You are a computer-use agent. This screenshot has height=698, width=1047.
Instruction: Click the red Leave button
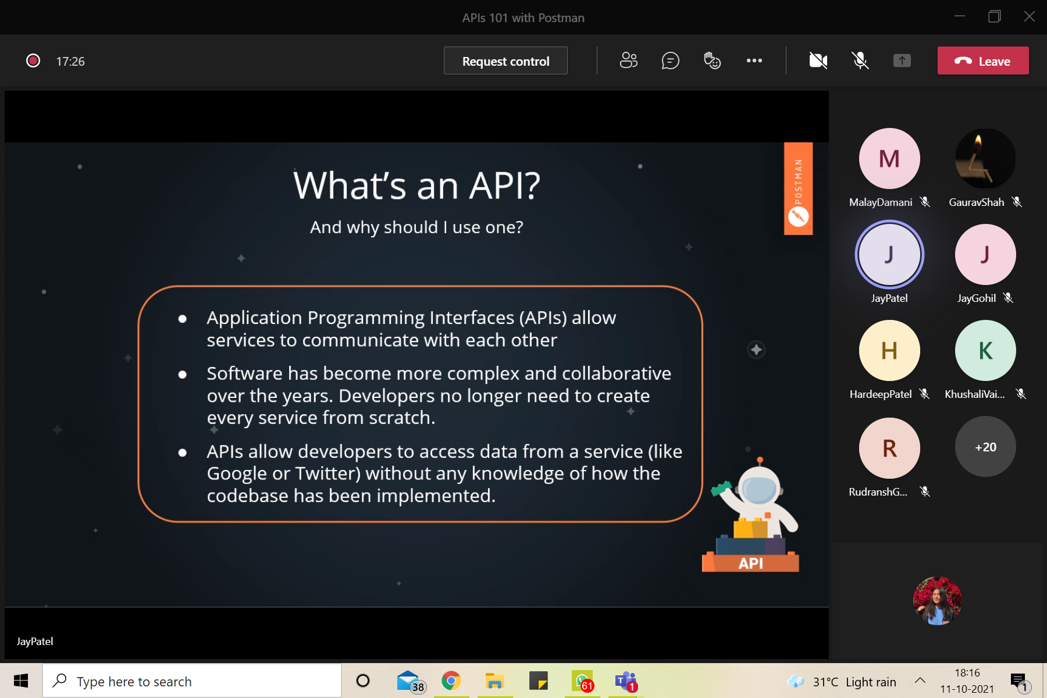coord(982,61)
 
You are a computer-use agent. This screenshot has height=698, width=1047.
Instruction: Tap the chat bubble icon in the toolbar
coord(670,60)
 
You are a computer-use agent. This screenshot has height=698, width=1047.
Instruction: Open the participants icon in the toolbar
coord(628,60)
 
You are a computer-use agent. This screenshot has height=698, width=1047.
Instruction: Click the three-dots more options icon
coord(754,60)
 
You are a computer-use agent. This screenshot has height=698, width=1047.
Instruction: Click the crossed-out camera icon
coord(818,60)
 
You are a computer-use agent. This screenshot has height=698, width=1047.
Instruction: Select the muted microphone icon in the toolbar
coord(860,60)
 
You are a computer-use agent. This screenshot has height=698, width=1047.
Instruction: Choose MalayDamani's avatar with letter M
coord(889,159)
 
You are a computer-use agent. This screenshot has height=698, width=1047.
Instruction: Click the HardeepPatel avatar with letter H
coord(889,351)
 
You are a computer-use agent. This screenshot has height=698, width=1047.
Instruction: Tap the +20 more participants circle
coord(985,447)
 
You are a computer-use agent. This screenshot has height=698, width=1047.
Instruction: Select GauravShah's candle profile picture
coord(985,159)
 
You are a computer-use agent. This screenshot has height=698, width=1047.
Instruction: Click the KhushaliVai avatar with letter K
coord(985,351)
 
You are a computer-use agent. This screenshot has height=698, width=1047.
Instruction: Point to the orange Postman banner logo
coord(798,188)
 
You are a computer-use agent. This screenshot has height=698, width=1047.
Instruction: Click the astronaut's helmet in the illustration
coord(759,489)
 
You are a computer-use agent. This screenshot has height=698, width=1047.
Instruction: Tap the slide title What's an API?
coord(416,186)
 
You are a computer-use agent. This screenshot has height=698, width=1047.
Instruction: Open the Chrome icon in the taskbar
coord(451,681)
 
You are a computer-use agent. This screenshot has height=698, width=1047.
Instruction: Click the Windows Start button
coord(21,681)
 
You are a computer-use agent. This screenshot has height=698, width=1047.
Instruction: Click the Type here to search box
coord(192,681)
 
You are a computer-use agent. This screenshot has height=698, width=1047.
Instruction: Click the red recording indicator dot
coord(33,60)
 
